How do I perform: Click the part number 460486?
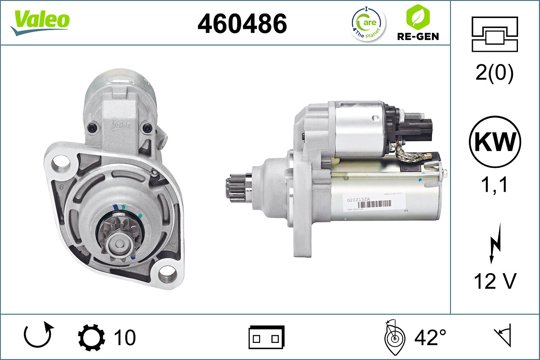pyautogui.click(x=242, y=23)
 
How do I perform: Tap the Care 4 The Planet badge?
pyautogui.click(x=368, y=23)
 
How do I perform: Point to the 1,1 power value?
pyautogui.click(x=495, y=184)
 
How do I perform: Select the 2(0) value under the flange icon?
pyautogui.click(x=495, y=74)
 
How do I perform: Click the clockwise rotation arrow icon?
pyautogui.click(x=39, y=336)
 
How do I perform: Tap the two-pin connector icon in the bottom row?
pyautogui.click(x=266, y=337)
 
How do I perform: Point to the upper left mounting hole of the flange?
pyautogui.click(x=58, y=161)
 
